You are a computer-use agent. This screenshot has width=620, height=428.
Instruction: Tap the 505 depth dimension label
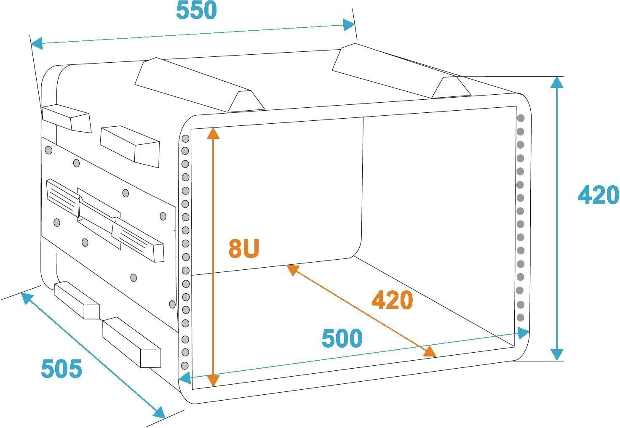(x=61, y=369)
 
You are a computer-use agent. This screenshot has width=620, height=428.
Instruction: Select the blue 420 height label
(x=598, y=195)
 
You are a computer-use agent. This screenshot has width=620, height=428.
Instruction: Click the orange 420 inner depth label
(x=392, y=300)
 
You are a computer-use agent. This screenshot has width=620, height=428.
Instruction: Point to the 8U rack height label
(x=243, y=248)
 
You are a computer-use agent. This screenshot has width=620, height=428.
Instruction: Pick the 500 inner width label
(x=342, y=339)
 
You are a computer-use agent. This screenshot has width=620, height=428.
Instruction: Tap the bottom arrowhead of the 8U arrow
(x=214, y=381)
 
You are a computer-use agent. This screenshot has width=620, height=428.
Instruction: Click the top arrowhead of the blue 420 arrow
(x=557, y=82)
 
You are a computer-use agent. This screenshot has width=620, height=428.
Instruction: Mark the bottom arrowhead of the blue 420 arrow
(x=557, y=355)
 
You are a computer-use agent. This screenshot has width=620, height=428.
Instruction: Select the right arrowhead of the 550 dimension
(x=349, y=25)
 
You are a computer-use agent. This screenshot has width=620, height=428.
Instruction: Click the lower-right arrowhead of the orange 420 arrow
(x=430, y=351)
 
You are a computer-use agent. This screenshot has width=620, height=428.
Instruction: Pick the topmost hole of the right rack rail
(x=521, y=118)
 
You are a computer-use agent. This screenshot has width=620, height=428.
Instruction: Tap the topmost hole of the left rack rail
(x=185, y=138)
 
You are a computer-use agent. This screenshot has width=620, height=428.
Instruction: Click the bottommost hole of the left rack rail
(x=184, y=364)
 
